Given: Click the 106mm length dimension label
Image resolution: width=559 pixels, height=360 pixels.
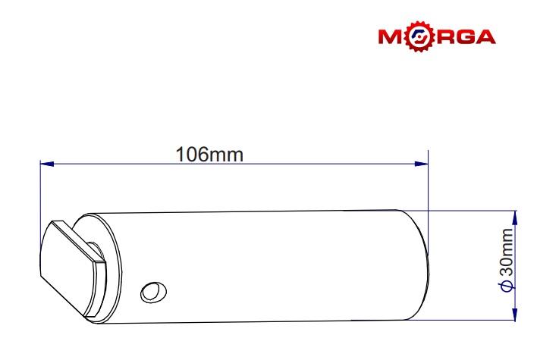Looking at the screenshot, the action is point(209,155).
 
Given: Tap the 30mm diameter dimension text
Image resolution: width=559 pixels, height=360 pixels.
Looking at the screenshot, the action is point(506,252).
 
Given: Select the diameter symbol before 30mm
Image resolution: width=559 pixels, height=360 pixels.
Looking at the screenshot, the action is point(506,286).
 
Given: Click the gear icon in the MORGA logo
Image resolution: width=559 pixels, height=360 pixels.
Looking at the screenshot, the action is point(421,36).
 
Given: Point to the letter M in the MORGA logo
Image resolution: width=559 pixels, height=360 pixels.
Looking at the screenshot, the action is point(392,36).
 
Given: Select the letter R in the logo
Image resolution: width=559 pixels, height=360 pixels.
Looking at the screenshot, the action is point(444,36).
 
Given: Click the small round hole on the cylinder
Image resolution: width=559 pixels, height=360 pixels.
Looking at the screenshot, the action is point(154,292).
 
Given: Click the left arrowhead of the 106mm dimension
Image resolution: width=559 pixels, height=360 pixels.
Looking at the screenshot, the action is point(47,164).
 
